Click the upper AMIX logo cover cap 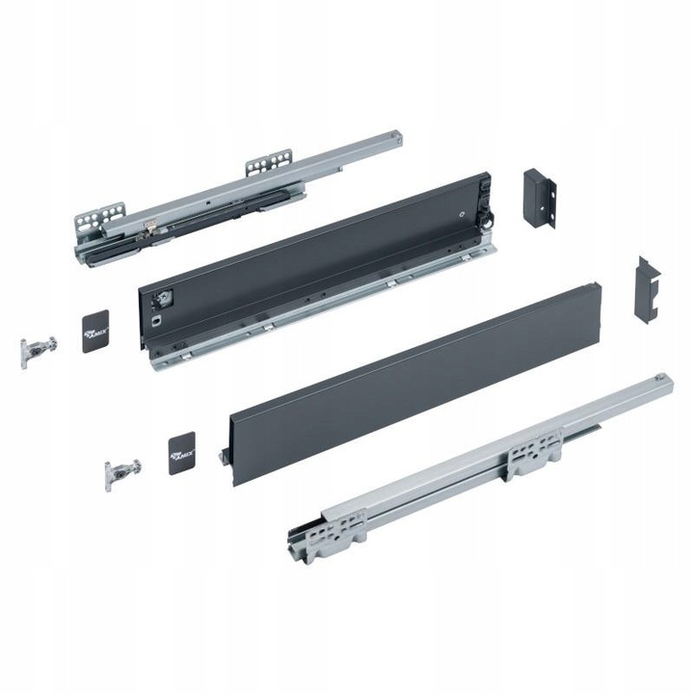click(97, 331)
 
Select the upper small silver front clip click(38, 350)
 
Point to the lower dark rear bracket click(647, 289)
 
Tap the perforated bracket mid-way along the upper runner click(268, 163)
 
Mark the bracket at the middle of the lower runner click(536, 451)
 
